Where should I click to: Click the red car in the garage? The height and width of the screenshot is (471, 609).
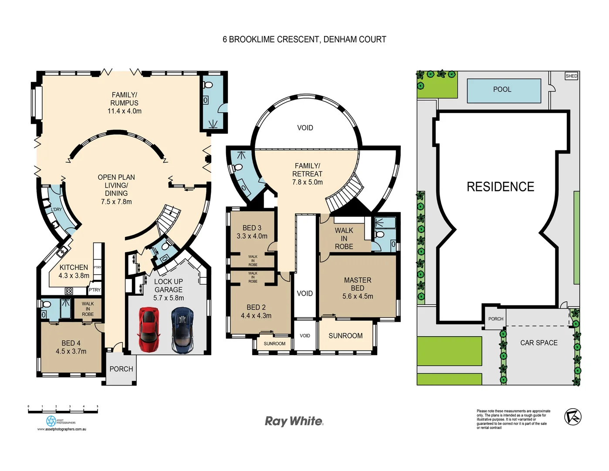click(x=149, y=330)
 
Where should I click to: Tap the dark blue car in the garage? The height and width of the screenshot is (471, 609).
click(x=183, y=330)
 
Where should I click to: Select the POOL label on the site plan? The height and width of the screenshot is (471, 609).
click(x=502, y=89)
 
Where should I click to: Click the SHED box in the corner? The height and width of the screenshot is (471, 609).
click(x=571, y=76)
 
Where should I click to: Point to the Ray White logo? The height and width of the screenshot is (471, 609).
click(x=294, y=421)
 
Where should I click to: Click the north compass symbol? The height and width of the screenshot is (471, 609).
click(x=573, y=417)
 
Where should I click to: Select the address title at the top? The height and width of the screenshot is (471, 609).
click(x=304, y=40)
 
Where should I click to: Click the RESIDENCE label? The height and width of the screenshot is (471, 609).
click(x=500, y=187)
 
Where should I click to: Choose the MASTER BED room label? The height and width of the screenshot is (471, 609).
click(x=357, y=284)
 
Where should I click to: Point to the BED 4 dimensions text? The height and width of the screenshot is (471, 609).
click(x=71, y=352)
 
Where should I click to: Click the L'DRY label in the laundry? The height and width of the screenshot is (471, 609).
click(x=56, y=209)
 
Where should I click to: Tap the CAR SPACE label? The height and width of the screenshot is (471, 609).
click(x=538, y=343)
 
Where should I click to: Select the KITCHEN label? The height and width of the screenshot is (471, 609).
click(x=74, y=267)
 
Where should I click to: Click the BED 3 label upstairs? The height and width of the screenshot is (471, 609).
click(x=252, y=228)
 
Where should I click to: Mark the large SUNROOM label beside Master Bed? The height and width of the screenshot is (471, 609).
click(x=345, y=336)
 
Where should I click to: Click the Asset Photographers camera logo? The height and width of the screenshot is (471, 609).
click(x=51, y=421)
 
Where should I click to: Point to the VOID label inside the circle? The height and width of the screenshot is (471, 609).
click(x=305, y=128)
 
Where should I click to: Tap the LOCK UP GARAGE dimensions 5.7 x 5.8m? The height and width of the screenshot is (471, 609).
click(x=169, y=298)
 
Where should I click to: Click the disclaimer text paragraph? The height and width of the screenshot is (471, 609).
click(x=513, y=419)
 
